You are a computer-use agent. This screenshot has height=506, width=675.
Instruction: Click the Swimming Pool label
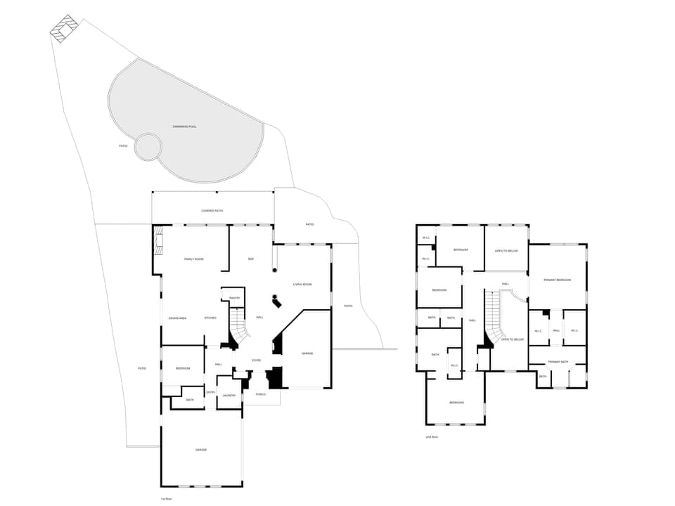[x=184, y=126]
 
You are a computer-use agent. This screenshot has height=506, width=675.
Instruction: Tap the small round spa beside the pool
[x=148, y=147]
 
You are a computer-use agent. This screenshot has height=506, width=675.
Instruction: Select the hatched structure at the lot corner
[x=65, y=28]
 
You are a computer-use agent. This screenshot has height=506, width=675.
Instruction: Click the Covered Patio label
[x=212, y=210]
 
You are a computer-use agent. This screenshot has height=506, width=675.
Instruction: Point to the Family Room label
[x=193, y=259]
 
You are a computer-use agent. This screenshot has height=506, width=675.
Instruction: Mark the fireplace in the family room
[x=158, y=241]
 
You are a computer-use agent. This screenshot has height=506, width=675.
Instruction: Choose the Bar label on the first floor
[x=251, y=259]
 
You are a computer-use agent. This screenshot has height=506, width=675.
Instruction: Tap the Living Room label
[x=302, y=285]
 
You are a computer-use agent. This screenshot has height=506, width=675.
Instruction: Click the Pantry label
[x=235, y=298]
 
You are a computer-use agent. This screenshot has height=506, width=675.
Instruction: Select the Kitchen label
[x=210, y=318]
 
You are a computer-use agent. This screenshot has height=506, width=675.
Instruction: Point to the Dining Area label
[x=177, y=318]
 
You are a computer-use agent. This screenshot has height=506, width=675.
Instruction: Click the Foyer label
[x=257, y=361]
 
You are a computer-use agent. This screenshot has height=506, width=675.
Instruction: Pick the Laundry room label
[x=229, y=396]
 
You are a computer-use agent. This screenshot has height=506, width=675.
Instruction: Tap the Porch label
[x=260, y=395]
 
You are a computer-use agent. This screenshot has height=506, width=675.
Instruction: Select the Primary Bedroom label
[x=557, y=280]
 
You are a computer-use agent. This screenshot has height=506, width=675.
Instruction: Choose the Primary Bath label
[x=558, y=362]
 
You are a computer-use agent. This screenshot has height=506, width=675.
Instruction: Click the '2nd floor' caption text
[x=432, y=436]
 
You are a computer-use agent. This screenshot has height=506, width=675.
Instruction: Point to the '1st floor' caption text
[x=167, y=498]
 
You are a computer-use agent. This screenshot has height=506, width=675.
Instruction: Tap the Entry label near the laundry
[x=210, y=392]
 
